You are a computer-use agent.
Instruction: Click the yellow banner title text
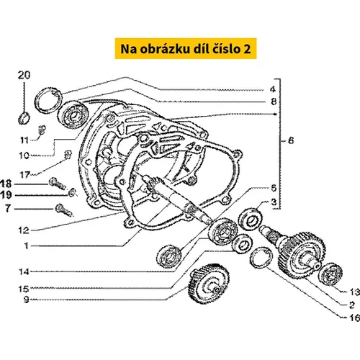(186, 49)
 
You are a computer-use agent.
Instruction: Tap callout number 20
(24, 76)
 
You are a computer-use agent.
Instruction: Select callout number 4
(273, 89)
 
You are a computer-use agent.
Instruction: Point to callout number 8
(274, 102)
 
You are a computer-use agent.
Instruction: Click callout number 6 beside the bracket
(291, 140)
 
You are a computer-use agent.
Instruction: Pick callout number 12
(24, 230)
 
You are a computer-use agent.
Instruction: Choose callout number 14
(24, 271)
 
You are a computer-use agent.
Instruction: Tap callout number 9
(26, 300)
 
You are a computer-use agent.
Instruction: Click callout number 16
(354, 318)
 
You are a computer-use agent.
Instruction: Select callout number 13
(354, 292)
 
